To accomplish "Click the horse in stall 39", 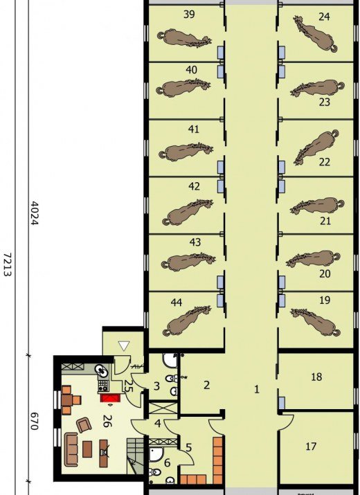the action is click(x=184, y=38).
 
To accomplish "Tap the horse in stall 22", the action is click(x=316, y=147).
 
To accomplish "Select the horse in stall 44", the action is click(x=186, y=321).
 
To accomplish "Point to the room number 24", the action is click(x=324, y=17).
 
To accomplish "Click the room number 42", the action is click(x=194, y=186).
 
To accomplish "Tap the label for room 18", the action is click(x=316, y=377).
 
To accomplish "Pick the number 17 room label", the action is click(x=311, y=447).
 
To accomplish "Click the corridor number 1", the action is click(x=257, y=389).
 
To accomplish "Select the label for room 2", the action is click(x=206, y=385).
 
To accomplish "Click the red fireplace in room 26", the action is click(x=110, y=398).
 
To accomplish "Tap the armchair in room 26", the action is click(x=84, y=424).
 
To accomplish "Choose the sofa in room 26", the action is click(x=71, y=449).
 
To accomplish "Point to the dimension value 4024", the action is click(x=34, y=213).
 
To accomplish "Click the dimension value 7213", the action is click(x=8, y=264).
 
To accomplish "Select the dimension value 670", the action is click(x=34, y=421).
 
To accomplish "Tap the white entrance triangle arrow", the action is click(x=123, y=345).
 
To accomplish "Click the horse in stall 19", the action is click(x=315, y=322).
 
